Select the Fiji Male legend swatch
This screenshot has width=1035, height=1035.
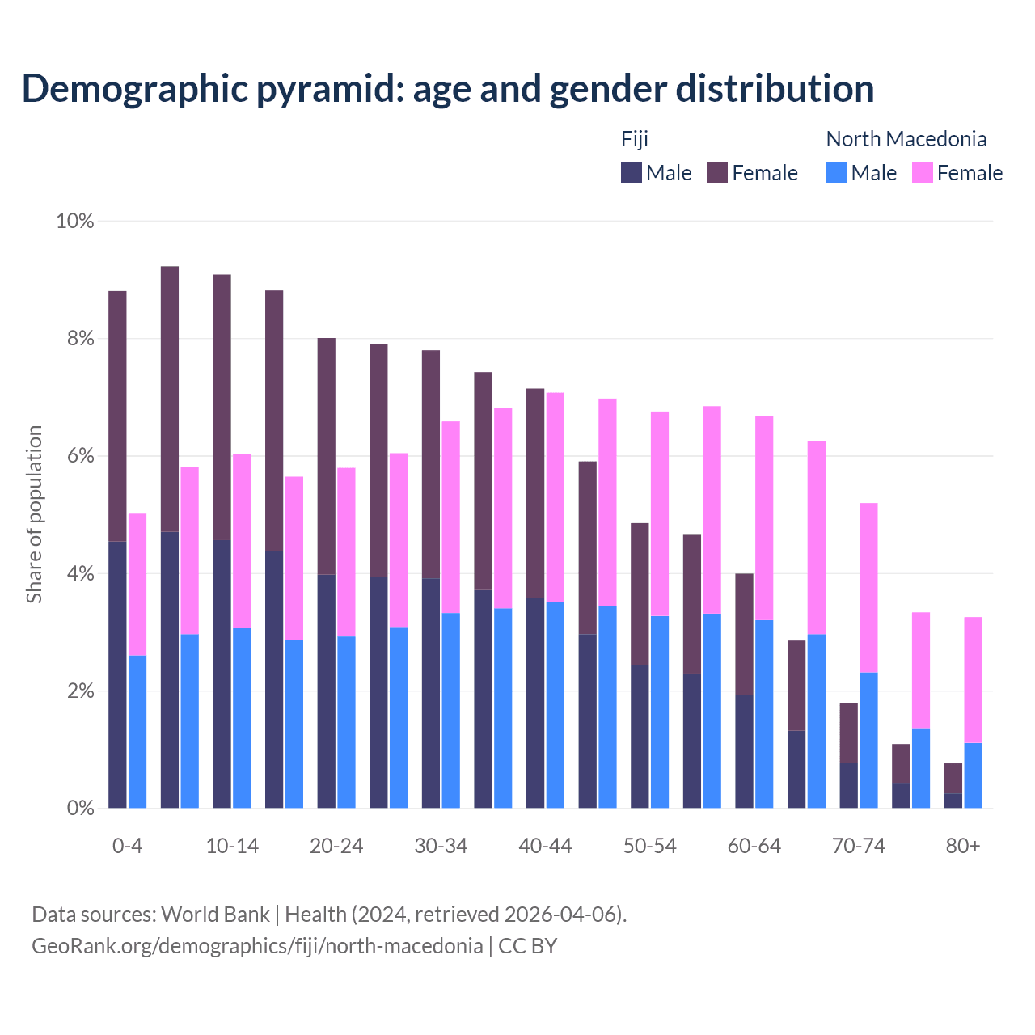pos(632,172)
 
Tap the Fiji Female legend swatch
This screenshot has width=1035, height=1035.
pos(717,172)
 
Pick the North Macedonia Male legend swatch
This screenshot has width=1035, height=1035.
pos(836,172)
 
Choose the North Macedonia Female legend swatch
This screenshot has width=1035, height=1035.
pos(923,172)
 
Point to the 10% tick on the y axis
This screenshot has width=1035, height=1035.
pos(74,221)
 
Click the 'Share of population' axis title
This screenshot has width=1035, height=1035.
pos(34,514)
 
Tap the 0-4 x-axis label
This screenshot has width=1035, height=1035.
pos(127,846)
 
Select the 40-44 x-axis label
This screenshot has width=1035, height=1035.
pos(545,846)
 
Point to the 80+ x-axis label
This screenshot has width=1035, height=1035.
pos(963,846)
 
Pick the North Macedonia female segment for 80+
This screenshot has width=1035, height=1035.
pos(974,679)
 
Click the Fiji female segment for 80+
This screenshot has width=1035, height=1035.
pos(953,778)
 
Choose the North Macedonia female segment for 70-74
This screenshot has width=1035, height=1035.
pos(868,587)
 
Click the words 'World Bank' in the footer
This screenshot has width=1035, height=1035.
pos(215,915)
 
